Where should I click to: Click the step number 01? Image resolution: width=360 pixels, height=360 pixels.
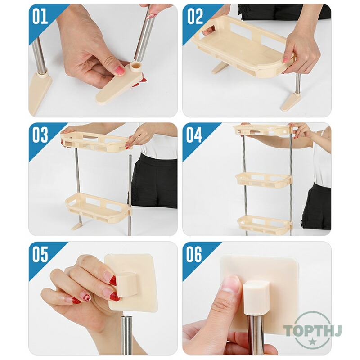(x=40, y=16)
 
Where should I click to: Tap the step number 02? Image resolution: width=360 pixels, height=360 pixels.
(x=195, y=16)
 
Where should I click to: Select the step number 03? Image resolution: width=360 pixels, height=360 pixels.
(x=40, y=135)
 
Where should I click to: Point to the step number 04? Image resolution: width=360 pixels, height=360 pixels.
(x=194, y=135)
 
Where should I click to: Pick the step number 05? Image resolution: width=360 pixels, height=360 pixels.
(x=40, y=254)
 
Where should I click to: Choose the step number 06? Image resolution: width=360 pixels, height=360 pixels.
(x=194, y=254)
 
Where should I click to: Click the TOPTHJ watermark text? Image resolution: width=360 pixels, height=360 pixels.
(x=312, y=331)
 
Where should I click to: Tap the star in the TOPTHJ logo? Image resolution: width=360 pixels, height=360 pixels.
(x=312, y=342)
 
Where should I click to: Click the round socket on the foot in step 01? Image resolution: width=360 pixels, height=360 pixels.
(x=136, y=67)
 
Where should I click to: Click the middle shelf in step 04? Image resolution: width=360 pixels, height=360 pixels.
(x=264, y=179)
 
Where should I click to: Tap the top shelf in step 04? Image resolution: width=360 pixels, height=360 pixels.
(x=263, y=130)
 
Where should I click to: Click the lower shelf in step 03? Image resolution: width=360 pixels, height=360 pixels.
(x=99, y=208)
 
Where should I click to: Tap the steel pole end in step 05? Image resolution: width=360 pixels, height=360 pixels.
(x=126, y=335)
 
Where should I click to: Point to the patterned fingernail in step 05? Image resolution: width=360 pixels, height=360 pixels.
(x=87, y=298)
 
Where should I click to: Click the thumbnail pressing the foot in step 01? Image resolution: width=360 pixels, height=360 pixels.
(x=119, y=71)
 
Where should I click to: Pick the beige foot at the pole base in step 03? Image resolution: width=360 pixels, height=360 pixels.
(x=77, y=226)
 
